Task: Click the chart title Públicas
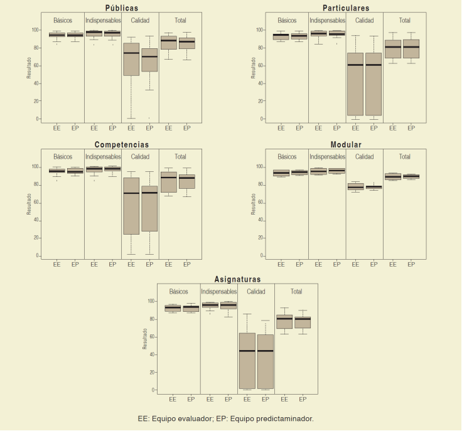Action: [x=121, y=8]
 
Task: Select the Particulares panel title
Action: [x=346, y=8]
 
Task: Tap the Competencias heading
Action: [x=121, y=144]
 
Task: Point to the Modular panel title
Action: [x=346, y=144]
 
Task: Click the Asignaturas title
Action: [x=237, y=279]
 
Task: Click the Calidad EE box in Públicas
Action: [x=131, y=59]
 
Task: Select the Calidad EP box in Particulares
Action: [x=373, y=84]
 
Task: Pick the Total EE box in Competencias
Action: [x=168, y=182]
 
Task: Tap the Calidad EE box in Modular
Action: [x=355, y=187]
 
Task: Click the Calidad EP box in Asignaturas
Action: [x=266, y=361]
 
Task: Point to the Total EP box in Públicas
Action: [x=187, y=43]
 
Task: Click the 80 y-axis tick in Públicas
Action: [x=36, y=48]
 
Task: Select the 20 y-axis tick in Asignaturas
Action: [x=152, y=373]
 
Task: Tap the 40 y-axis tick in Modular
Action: [x=260, y=220]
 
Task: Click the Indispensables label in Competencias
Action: [x=103, y=157]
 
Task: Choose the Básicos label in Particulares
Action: [x=287, y=20]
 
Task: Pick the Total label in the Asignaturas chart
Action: [x=296, y=292]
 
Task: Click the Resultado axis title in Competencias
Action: [x=29, y=204]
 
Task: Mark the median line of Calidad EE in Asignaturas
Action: [x=247, y=351]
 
